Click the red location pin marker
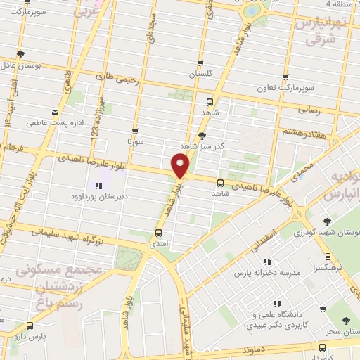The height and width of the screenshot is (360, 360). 180,165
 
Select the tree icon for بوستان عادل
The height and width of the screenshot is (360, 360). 20,54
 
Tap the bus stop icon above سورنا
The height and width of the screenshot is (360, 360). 135,131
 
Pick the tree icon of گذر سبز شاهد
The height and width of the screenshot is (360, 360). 202,136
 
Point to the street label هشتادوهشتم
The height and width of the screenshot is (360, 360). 304,131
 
